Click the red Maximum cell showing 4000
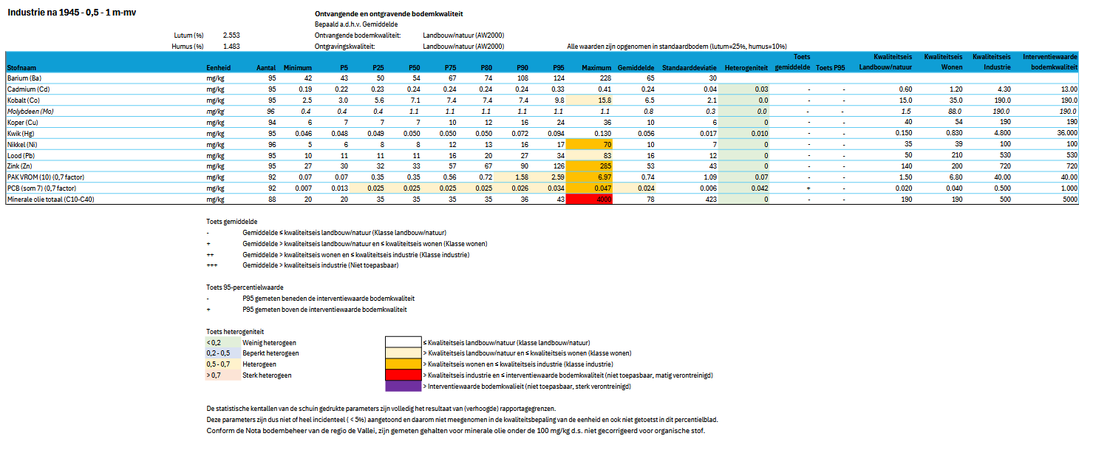click(x=588, y=200)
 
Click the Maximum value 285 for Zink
click(x=588, y=166)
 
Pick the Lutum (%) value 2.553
click(x=231, y=35)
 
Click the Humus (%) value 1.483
click(x=231, y=46)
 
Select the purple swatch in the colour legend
click(x=402, y=386)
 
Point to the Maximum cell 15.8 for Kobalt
click(x=588, y=100)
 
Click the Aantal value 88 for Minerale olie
click(x=270, y=200)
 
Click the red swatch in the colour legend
click(x=402, y=375)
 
